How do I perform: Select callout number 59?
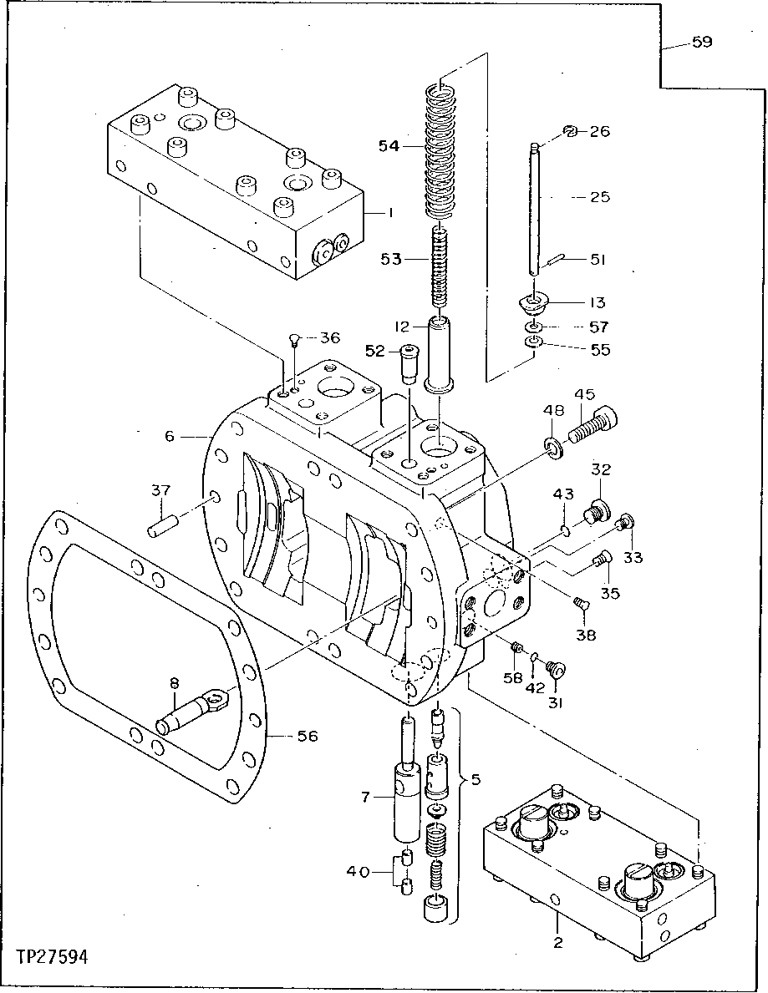point(701,42)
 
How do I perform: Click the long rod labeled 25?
point(533,209)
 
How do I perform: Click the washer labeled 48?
point(553,449)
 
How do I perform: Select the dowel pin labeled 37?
point(163,528)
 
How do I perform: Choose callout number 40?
point(358,872)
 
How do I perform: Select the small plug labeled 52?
point(409,363)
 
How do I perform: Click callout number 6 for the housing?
point(170,436)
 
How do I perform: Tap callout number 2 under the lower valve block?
point(558,944)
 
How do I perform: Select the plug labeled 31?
point(555,670)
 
